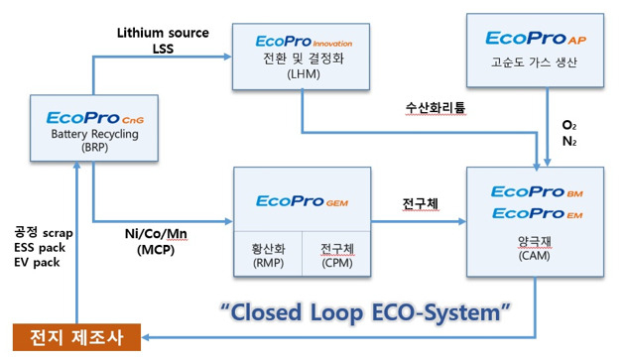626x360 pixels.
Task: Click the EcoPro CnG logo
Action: pos(95,118)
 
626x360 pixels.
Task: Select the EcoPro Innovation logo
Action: pos(304,41)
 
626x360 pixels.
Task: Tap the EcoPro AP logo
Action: pos(536,39)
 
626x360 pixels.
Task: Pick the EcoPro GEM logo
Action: pos(303,201)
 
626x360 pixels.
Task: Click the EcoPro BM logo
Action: pos(537,192)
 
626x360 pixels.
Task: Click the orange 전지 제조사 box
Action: pos(76,337)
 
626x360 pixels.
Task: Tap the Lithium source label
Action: pos(163,33)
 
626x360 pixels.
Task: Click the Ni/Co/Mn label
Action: pos(156,233)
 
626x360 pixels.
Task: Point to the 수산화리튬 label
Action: pos(436,108)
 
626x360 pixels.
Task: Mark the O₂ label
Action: pos(568,125)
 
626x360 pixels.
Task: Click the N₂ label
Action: pos(568,141)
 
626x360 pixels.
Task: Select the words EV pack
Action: pos(37,262)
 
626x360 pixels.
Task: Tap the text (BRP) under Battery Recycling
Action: pos(94,148)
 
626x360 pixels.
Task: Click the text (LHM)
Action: pos(304,74)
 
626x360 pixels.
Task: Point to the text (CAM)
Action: pos(534,256)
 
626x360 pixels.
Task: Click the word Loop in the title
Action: pos(336,312)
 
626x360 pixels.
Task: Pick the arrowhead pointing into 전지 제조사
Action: pos(145,337)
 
